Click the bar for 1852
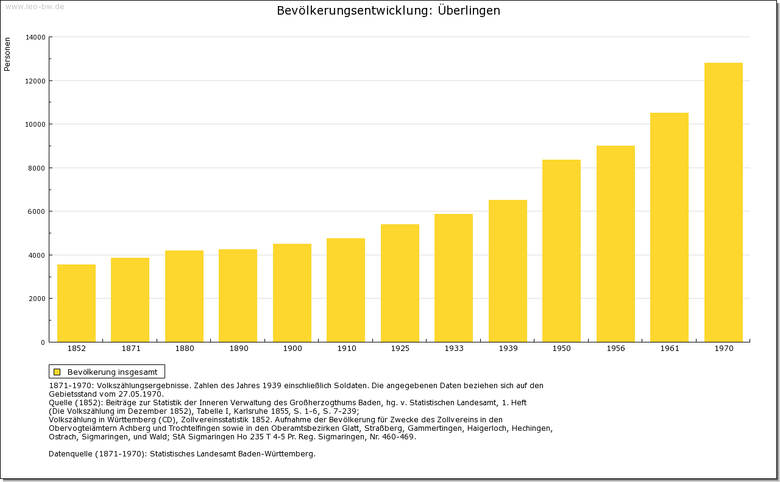click(76, 303)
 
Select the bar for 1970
click(723, 202)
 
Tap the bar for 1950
click(561, 250)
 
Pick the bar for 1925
click(400, 283)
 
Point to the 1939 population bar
click(508, 271)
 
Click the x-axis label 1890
click(238, 349)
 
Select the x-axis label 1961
click(669, 349)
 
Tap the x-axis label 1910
click(346, 349)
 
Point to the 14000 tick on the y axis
click(35, 37)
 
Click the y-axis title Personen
click(7, 54)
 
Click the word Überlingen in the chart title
click(469, 11)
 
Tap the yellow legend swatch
click(57, 372)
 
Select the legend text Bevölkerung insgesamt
click(112, 372)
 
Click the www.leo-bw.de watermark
click(35, 6)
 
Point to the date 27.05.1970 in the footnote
click(141, 394)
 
